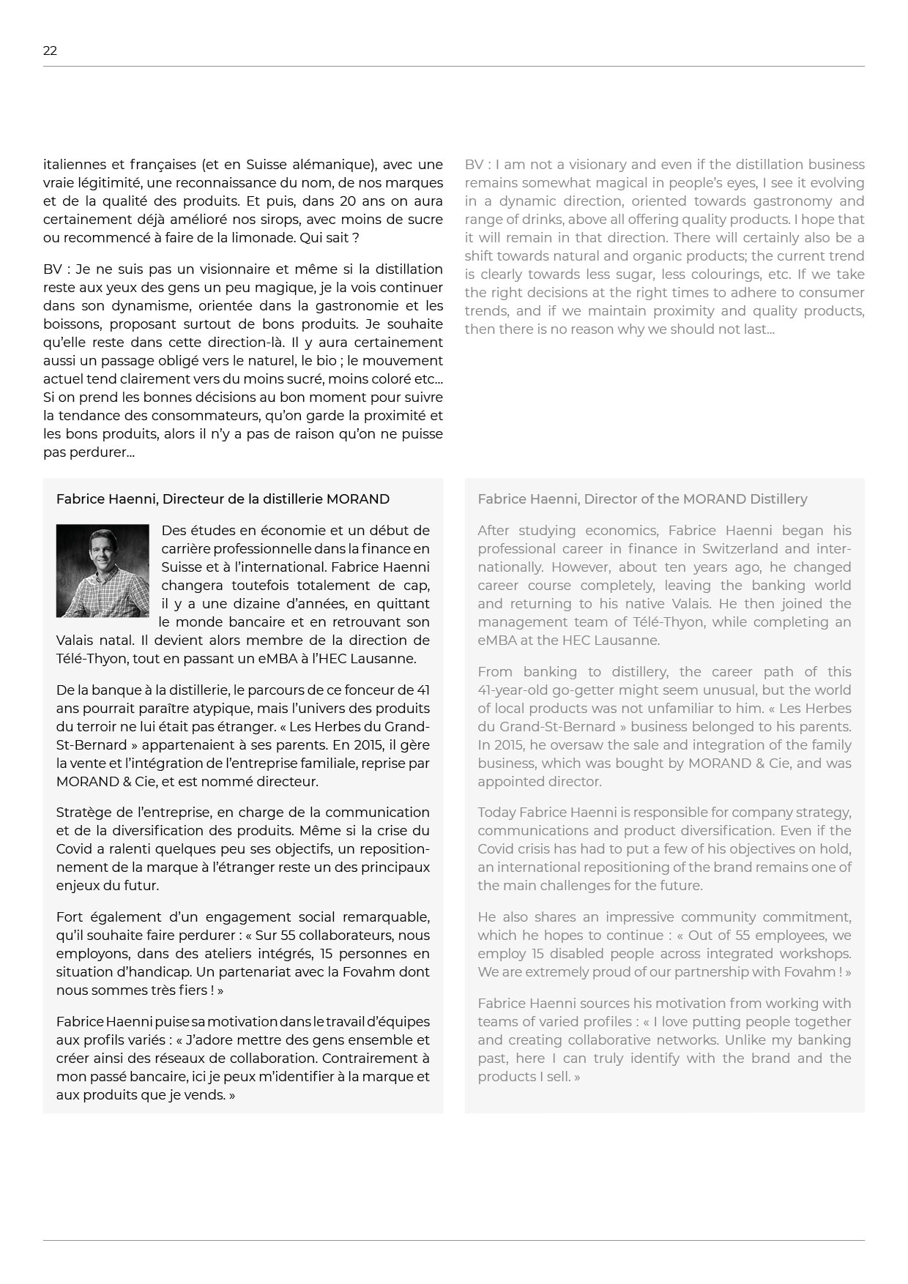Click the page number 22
(x=50, y=51)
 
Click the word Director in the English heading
(x=611, y=499)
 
